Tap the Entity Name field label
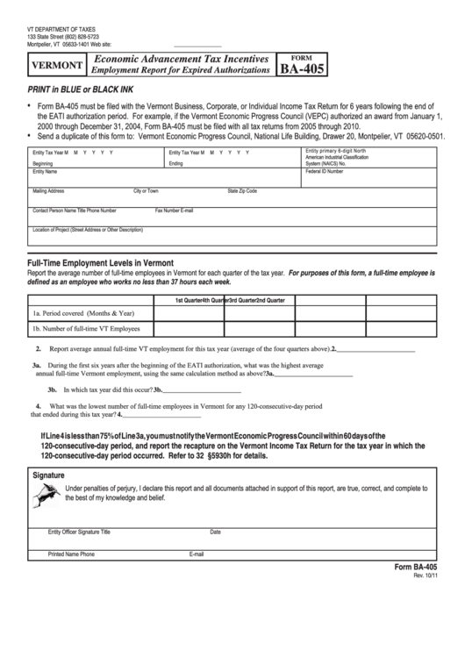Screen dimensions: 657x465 tap(45, 172)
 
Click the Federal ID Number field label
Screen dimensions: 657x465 tap(325, 172)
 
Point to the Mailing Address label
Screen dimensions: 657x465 tap(48, 190)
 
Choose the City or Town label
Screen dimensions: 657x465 tap(146, 190)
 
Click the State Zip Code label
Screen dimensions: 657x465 tap(242, 190)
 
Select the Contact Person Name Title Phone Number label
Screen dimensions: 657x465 tap(75, 211)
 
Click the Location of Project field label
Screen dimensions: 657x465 tap(87, 230)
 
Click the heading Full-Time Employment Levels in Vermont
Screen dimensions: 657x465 tap(101, 262)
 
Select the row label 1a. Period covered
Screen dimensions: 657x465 tap(83, 312)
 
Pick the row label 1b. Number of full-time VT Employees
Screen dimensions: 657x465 tap(86, 329)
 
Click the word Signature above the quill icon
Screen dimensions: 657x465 tap(48, 475)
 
